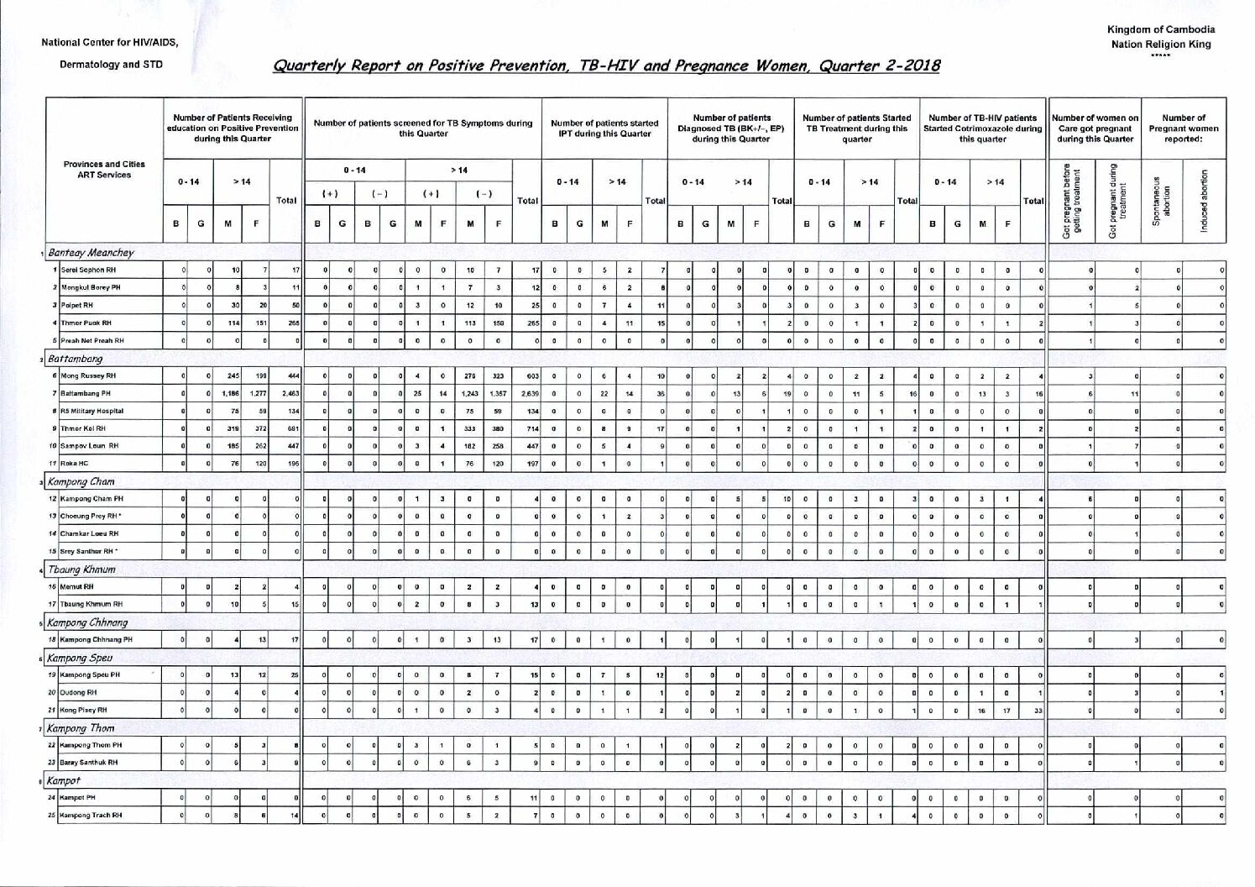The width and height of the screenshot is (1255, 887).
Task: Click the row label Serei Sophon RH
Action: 87,270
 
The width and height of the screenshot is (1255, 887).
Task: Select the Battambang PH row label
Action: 87,393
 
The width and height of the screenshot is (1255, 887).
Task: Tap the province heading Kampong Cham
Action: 81,482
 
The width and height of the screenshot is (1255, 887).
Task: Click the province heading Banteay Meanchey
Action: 91,252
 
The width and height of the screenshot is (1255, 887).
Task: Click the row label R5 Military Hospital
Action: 92,411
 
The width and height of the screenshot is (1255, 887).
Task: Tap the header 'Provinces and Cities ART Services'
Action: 104,169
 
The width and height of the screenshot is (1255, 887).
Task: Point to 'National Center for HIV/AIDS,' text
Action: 109,44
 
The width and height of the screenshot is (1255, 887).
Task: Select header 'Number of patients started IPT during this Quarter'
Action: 604,129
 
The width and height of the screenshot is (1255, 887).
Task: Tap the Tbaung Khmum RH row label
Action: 92,604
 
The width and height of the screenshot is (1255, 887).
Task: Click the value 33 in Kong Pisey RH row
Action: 1037,710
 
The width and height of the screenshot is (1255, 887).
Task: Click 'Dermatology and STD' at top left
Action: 110,65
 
